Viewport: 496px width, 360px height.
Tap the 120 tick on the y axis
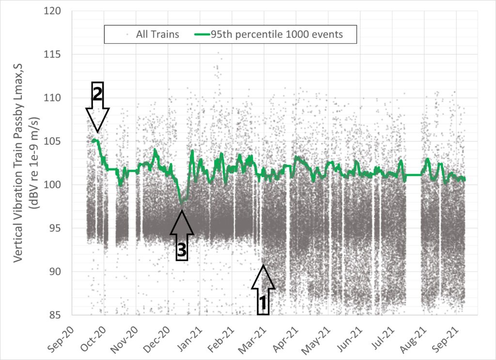coord(60,11)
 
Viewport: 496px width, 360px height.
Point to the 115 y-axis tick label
coord(60,54)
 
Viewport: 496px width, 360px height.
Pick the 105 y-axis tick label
coord(60,141)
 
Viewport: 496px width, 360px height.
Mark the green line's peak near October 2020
coord(94,141)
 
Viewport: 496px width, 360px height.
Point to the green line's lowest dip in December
coord(182,203)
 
